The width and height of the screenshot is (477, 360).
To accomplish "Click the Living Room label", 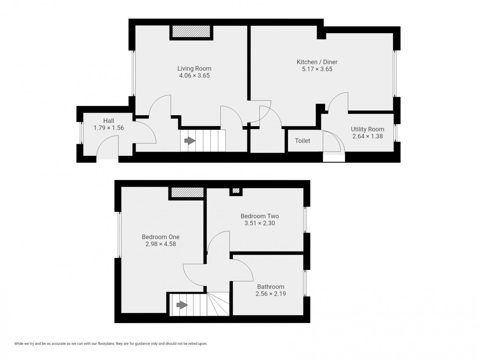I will pyautogui.click(x=194, y=69).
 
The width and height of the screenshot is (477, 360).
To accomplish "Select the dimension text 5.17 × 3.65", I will pyautogui.click(x=317, y=69).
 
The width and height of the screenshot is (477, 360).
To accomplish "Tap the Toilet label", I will pyautogui.click(x=302, y=141).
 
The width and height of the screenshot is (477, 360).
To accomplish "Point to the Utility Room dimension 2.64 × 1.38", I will pyautogui.click(x=367, y=136).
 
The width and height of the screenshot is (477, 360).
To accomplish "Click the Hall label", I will pyautogui.click(x=109, y=121).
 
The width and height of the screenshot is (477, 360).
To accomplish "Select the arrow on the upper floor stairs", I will pyautogui.click(x=182, y=305).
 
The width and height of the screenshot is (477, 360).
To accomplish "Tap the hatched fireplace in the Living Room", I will pyautogui.click(x=191, y=31).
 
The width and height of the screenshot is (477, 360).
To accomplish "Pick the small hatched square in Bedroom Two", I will pyautogui.click(x=236, y=190).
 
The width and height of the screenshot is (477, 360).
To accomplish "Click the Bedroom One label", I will pyautogui.click(x=160, y=237).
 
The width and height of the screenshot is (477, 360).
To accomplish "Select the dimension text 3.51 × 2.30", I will pyautogui.click(x=260, y=223).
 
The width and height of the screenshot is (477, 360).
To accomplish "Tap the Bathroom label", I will pyautogui.click(x=270, y=287).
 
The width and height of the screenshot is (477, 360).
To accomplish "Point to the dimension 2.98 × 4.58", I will pyautogui.click(x=160, y=244).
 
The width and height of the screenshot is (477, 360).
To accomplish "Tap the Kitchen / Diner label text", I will pyautogui.click(x=317, y=62).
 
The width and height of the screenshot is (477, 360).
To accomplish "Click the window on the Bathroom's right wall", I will pyautogui.click(x=305, y=283).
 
